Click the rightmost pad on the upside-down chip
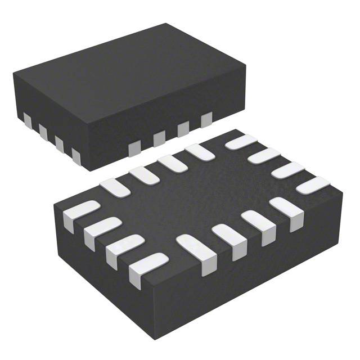click(313, 184)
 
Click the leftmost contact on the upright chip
click(28, 119)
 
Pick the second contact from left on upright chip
click(43, 131)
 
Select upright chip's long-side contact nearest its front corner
click(134, 148)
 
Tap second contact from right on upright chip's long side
click(183, 129)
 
